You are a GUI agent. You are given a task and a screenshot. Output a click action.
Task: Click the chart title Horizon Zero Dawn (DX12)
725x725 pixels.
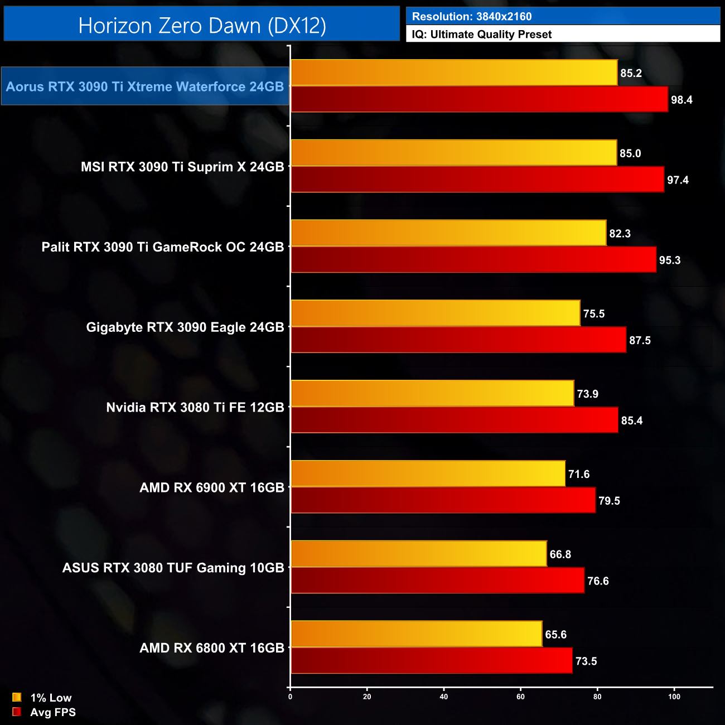pyautogui.click(x=202, y=26)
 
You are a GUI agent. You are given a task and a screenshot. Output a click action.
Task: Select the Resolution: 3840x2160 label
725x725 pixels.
pyautogui.click(x=472, y=17)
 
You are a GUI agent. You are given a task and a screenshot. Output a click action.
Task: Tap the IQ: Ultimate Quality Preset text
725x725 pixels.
pyautogui.click(x=482, y=35)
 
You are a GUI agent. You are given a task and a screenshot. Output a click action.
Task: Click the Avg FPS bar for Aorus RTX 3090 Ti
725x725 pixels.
pyautogui.click(x=479, y=99)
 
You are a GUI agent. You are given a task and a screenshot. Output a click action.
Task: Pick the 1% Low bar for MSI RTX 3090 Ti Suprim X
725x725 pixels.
pyautogui.click(x=453, y=153)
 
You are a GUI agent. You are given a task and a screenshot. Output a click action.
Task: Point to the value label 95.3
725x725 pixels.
pyautogui.click(x=669, y=260)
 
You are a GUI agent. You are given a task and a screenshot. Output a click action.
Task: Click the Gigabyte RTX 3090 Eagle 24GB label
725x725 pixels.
pyautogui.click(x=185, y=327)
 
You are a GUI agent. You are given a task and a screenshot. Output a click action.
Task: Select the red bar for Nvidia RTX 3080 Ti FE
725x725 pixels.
pyautogui.click(x=454, y=420)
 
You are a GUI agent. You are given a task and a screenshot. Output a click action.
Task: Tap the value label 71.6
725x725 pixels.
pyautogui.click(x=578, y=474)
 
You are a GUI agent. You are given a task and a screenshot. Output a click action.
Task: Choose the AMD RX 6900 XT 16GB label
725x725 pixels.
pyautogui.click(x=212, y=488)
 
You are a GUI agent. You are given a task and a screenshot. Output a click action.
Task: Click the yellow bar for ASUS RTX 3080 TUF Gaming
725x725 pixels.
pyautogui.click(x=418, y=554)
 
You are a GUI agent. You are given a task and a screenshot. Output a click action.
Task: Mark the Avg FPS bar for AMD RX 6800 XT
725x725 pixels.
pyautogui.click(x=431, y=661)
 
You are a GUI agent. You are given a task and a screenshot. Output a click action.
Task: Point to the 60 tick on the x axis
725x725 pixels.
pyautogui.click(x=520, y=697)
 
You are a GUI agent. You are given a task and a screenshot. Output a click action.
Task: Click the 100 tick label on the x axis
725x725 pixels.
pyautogui.click(x=674, y=697)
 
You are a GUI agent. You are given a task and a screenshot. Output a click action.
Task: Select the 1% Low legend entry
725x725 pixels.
pyautogui.click(x=42, y=698)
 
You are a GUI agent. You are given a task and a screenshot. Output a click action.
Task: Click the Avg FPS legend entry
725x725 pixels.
pyautogui.click(x=44, y=712)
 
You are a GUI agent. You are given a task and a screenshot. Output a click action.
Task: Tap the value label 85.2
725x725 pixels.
pyautogui.click(x=631, y=73)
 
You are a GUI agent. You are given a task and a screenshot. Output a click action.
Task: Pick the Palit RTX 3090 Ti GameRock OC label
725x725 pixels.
pyautogui.click(x=163, y=247)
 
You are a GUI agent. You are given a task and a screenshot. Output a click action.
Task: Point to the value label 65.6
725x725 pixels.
pyautogui.click(x=555, y=635)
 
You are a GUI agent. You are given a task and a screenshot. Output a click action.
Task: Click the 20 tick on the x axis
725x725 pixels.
pyautogui.click(x=367, y=697)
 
